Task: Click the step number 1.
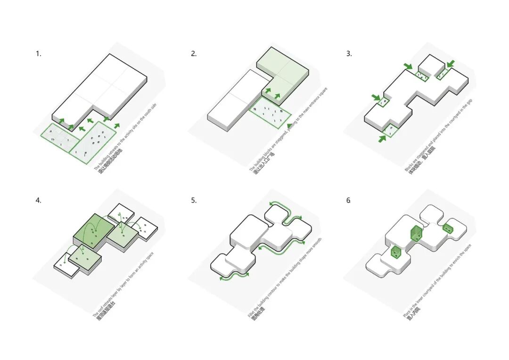coord(38,54)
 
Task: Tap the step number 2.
coord(194,54)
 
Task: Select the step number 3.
coord(349,54)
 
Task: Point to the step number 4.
coord(38,200)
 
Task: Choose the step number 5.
coord(194,200)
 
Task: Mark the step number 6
coord(349,200)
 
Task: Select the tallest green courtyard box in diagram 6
coord(416,233)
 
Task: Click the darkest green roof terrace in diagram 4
coord(93,229)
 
